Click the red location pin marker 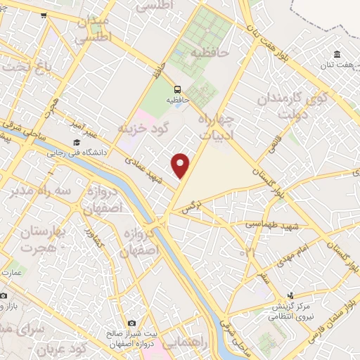pyautogui.click(x=181, y=166)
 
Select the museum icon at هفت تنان pyautogui.click(x=337, y=55)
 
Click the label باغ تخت pyautogui.click(x=27, y=66)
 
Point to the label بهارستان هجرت pyautogui.click(x=40, y=239)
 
